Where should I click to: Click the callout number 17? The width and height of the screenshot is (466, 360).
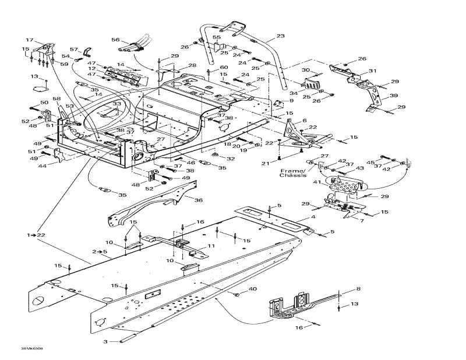pyautogui.click(x=29, y=40)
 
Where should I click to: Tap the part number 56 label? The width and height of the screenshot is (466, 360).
pyautogui.click(x=115, y=40)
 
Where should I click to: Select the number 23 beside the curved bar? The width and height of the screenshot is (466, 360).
pyautogui.click(x=280, y=37)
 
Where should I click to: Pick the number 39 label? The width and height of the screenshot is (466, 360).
pyautogui.click(x=393, y=96)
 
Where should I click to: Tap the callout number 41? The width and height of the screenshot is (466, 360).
pyautogui.click(x=318, y=182)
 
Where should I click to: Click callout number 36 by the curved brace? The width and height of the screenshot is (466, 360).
pyautogui.click(x=198, y=200)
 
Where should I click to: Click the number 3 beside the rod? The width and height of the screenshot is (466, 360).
pyautogui.click(x=105, y=341)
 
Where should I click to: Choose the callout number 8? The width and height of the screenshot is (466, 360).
pyautogui.click(x=358, y=289)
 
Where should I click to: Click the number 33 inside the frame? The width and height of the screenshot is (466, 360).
pyautogui.click(x=117, y=104)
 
